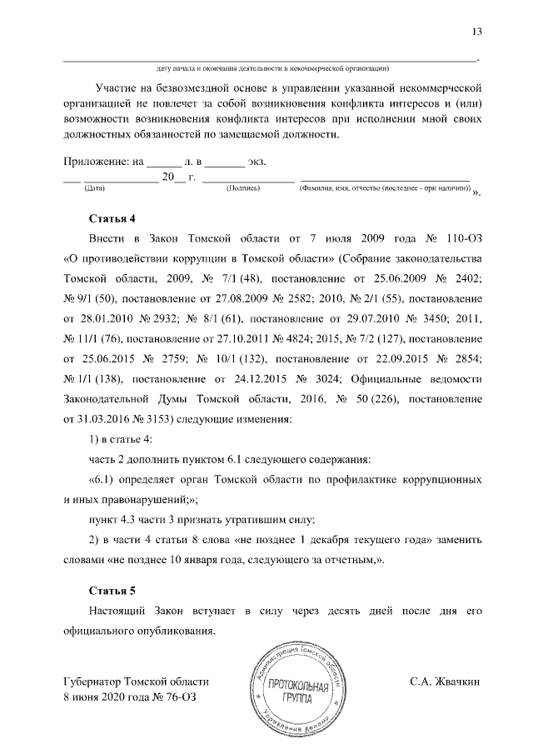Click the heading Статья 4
point(112,219)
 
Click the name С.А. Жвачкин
point(446,681)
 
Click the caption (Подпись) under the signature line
point(243,188)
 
